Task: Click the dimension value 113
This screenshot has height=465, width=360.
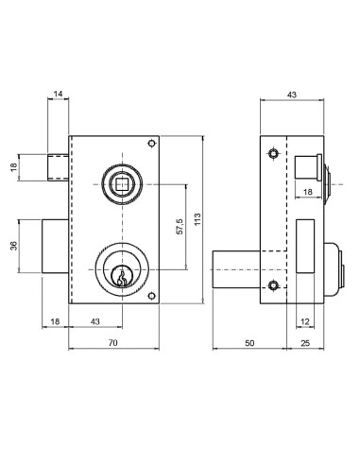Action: point(197,219)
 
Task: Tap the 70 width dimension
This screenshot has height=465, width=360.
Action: point(112,343)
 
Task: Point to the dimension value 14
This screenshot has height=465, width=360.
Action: point(58,94)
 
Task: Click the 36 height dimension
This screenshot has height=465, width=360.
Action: point(14,246)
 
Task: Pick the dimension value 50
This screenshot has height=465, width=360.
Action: point(249,343)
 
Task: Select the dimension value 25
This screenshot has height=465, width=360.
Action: point(305,343)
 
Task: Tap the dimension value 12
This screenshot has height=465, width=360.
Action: point(305,321)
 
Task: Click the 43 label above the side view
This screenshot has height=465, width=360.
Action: point(292,95)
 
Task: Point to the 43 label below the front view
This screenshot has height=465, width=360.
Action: point(95,321)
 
